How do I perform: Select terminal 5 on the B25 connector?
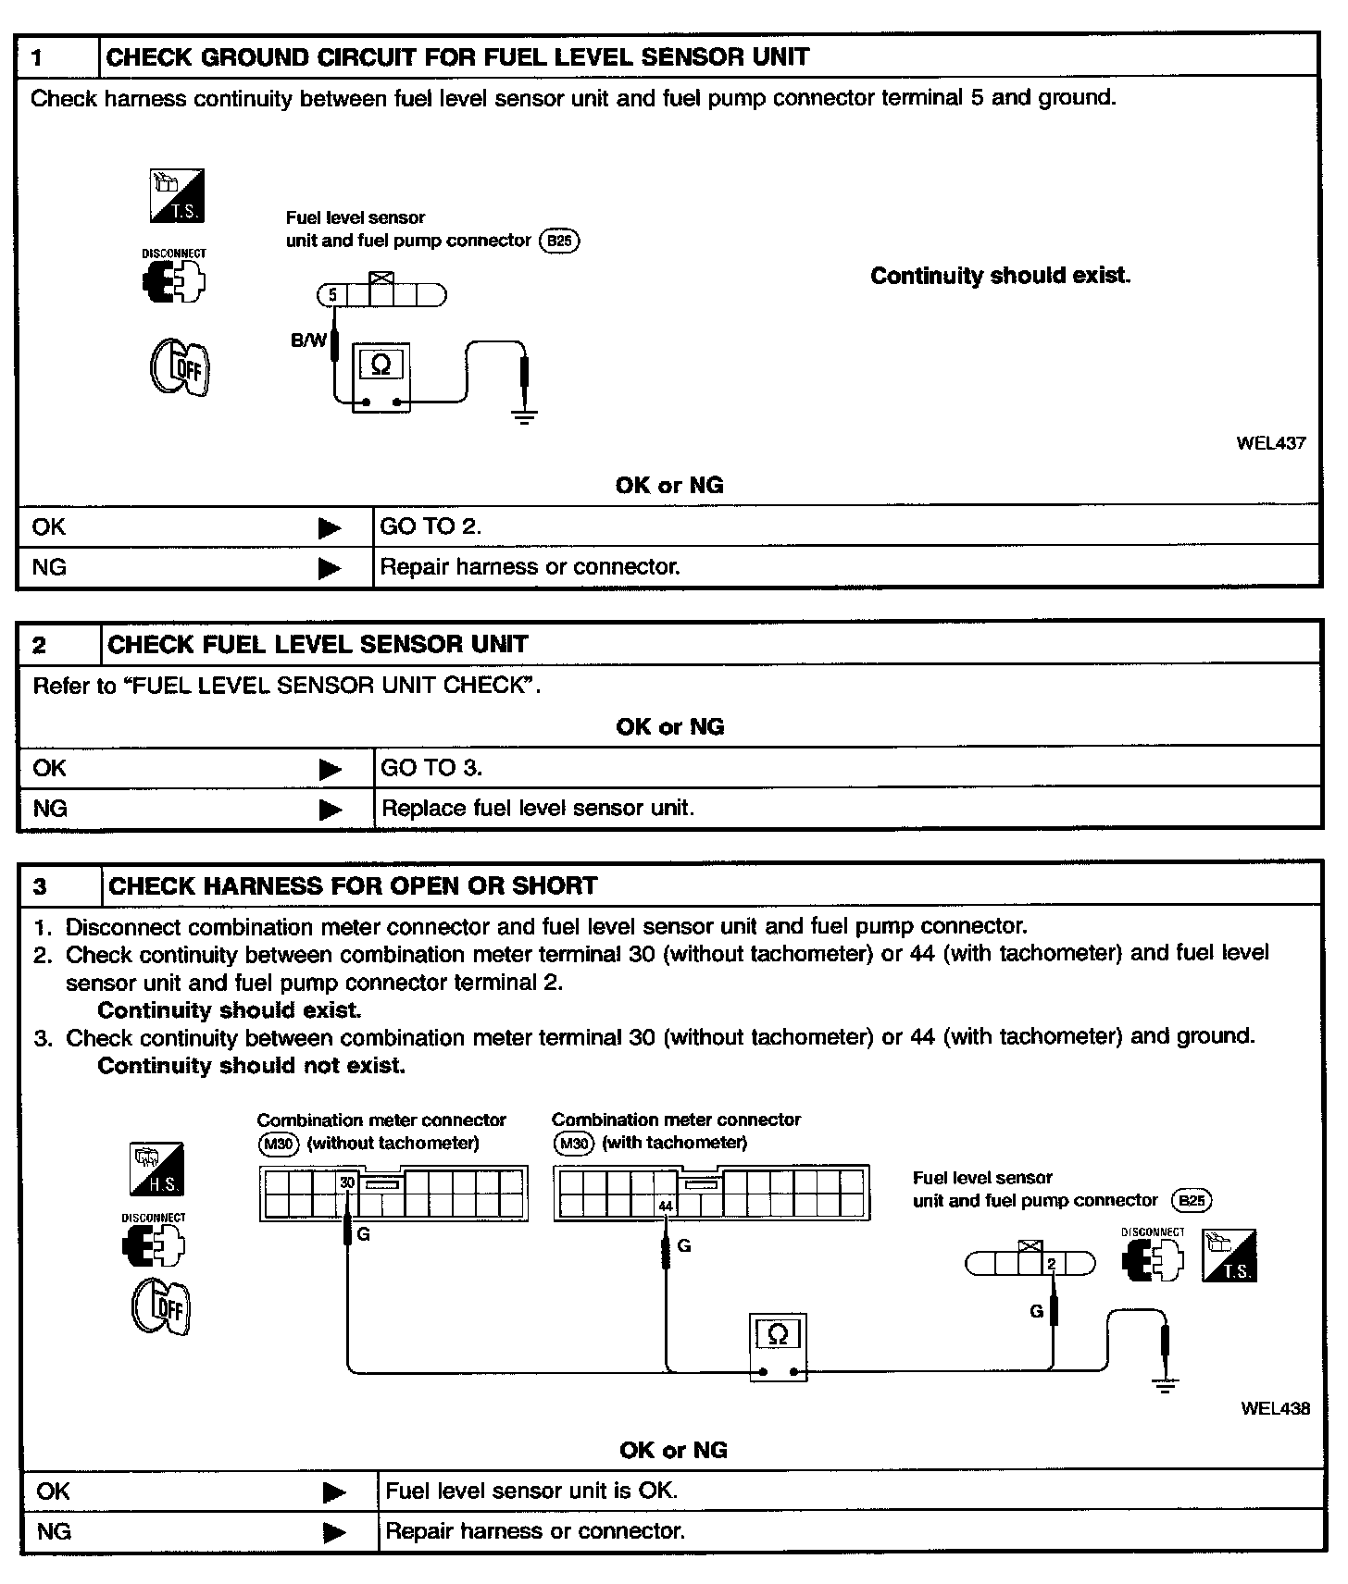pos(332,296)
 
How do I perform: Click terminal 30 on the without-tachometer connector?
pos(347,1182)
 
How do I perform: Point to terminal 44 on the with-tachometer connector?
pos(666,1206)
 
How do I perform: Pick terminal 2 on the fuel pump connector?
pos(1052,1264)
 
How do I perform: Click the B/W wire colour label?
pos(308,340)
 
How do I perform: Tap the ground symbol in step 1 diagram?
pos(525,415)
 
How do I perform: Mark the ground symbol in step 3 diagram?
pos(1166,1385)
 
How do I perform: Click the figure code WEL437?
pos(1270,442)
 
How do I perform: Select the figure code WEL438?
pos(1275,1408)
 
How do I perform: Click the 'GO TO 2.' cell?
pos(431,526)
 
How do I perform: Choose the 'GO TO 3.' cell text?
pos(431,768)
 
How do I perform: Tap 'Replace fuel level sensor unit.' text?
pos(537,809)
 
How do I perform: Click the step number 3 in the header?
pos(40,886)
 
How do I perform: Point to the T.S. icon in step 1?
pos(177,195)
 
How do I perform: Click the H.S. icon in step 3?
pos(156,1169)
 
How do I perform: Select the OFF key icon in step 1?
pos(180,368)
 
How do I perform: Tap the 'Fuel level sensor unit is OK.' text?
pos(530,1491)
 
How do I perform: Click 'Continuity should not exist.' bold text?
pos(251,1066)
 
